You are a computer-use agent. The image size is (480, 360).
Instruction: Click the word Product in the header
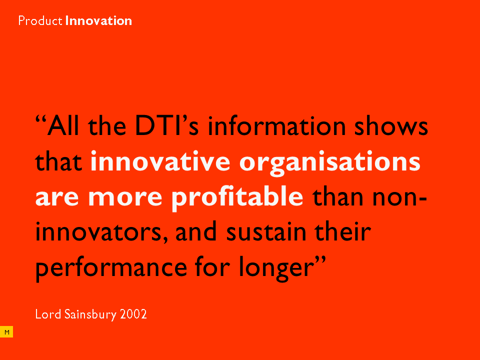pos(40,21)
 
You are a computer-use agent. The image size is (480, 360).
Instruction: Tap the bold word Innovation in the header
pos(98,21)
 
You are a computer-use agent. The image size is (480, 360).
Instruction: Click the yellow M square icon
pos(6,332)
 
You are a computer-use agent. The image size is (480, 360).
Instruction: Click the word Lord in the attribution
pos(48,314)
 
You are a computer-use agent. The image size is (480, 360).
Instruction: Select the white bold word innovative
pos(160,160)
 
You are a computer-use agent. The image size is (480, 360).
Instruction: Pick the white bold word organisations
pos(329,163)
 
